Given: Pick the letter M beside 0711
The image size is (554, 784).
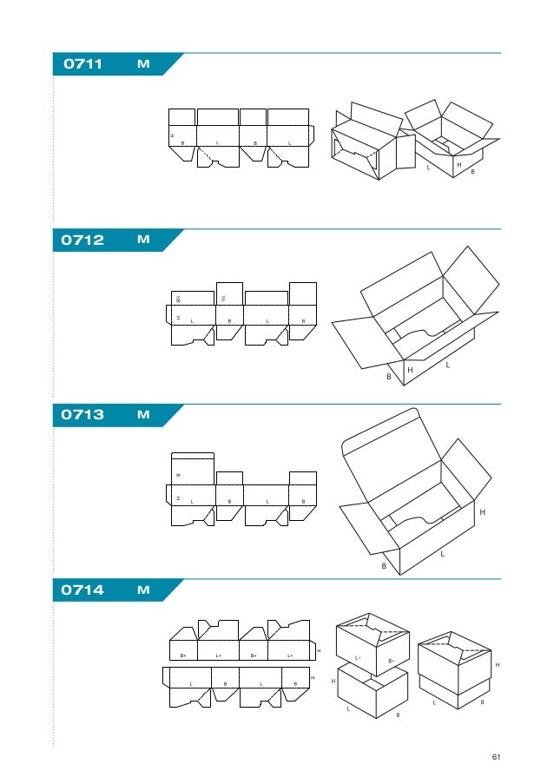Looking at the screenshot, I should pyautogui.click(x=143, y=64).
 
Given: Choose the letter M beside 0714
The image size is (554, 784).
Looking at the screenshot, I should pyautogui.click(x=143, y=590).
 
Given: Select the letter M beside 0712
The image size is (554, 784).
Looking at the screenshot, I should pyautogui.click(x=143, y=240).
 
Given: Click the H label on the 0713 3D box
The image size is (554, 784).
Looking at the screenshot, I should pyautogui.click(x=482, y=513).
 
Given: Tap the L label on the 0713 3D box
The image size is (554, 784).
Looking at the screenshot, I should pyautogui.click(x=442, y=553).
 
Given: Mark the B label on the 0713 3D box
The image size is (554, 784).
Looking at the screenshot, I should pyautogui.click(x=383, y=566).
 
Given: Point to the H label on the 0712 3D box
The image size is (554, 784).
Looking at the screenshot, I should pyautogui.click(x=410, y=371).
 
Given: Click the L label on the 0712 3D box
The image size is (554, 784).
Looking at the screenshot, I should pyautogui.click(x=447, y=366).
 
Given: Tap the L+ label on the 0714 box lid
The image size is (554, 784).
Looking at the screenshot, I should pyautogui.click(x=358, y=658).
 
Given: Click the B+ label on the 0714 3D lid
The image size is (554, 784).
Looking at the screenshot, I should pyautogui.click(x=391, y=662).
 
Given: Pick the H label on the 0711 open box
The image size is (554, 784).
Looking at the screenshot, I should pyautogui.click(x=458, y=164).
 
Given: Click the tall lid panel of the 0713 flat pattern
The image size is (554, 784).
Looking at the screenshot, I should pyautogui.click(x=193, y=469).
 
